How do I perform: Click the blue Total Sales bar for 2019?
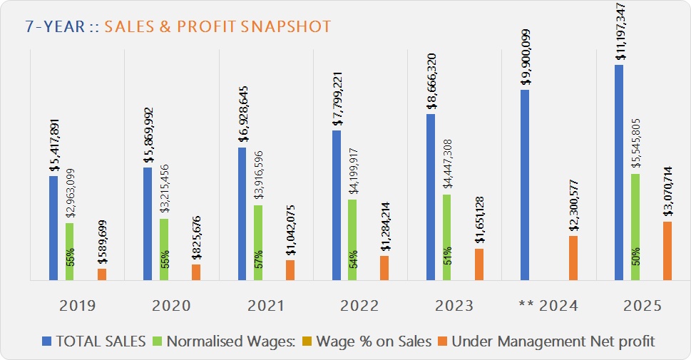point(53,228)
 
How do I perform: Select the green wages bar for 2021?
point(258,242)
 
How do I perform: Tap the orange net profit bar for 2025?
point(667,251)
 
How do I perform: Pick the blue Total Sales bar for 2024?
point(525,185)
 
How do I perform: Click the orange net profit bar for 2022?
point(384,268)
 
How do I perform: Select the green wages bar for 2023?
point(446,237)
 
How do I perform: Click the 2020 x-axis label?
point(171,306)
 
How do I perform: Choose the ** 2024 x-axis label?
point(548,306)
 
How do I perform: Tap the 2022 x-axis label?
point(360,306)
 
